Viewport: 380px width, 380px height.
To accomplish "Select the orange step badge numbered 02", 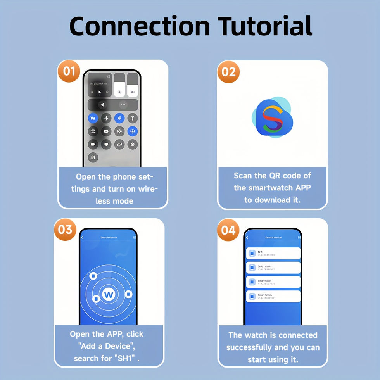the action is point(228,72).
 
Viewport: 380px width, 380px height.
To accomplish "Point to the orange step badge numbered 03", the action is point(66,229).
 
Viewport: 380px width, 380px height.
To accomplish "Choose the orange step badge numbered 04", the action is point(228,230).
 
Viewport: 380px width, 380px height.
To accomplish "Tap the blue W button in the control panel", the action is point(93,118).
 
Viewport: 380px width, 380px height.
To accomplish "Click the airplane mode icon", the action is point(106,118).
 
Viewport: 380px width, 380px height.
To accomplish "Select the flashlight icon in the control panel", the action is point(133,118).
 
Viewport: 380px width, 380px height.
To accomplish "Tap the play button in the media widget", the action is point(100,92).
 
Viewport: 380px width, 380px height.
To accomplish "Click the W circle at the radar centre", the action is point(108,295).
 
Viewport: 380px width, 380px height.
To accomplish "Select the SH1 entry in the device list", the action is point(273,253).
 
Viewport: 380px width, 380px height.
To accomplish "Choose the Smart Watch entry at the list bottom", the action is point(273,297).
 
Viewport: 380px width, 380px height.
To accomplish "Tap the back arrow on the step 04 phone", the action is point(247,238).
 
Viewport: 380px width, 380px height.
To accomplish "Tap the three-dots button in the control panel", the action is point(123,105).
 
